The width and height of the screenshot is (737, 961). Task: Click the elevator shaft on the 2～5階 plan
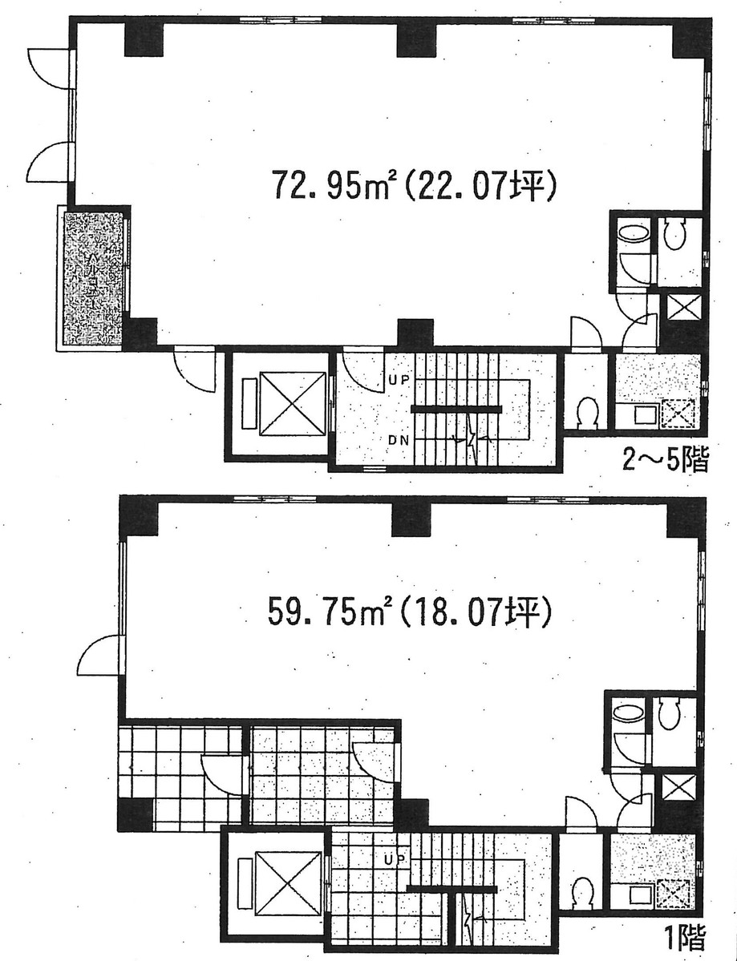(291, 404)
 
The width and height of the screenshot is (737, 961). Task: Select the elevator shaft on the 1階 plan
(286, 886)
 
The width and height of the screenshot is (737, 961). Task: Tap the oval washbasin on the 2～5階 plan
(634, 234)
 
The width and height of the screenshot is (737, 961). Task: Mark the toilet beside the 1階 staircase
(582, 890)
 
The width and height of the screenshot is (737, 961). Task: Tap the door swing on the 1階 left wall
(99, 656)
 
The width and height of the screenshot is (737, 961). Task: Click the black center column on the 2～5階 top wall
(416, 39)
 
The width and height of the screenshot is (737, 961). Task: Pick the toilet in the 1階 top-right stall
(670, 713)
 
